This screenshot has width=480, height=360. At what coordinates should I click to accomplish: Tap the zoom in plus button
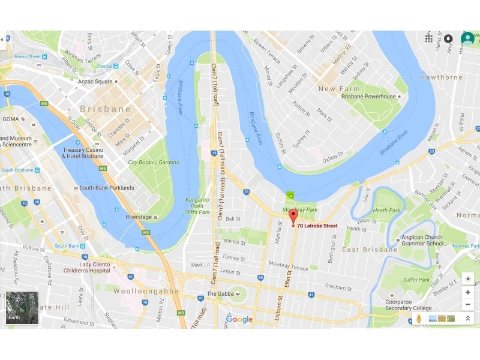[x=467, y=292]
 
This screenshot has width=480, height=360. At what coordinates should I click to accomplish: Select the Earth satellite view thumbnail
[x=22, y=308]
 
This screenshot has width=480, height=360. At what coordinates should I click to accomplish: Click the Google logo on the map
[x=239, y=319]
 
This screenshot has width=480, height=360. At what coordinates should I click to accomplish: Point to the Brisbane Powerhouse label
[x=368, y=97]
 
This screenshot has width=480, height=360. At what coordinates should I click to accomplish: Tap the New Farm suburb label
[x=340, y=89]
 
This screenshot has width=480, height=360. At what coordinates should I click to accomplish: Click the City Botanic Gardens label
[x=154, y=162]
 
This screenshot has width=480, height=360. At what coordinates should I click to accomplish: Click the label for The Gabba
[x=219, y=293]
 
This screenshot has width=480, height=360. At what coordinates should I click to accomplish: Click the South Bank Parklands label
[x=107, y=188]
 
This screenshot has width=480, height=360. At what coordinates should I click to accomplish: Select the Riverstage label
[x=138, y=217]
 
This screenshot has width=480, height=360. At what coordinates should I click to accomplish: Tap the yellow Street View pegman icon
[x=418, y=318]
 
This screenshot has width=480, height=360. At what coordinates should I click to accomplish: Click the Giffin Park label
[x=416, y=280]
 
